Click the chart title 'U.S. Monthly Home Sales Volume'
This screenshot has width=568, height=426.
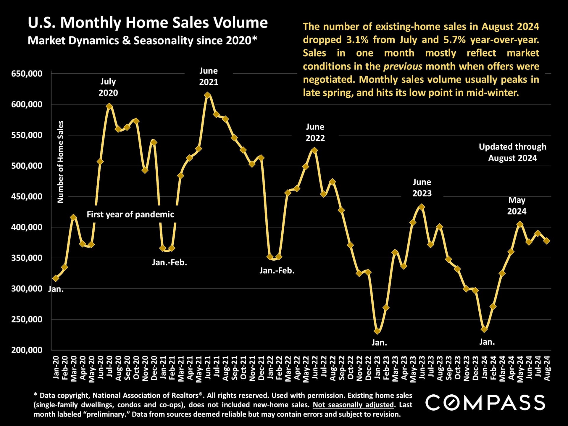148,23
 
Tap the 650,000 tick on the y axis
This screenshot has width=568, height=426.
27,74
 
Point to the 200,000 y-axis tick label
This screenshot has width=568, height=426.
27,350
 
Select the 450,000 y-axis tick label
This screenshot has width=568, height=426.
27,197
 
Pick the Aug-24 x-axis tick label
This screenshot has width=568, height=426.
547,368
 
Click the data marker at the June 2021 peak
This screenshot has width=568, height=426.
207,95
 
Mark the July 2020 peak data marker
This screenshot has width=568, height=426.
109,106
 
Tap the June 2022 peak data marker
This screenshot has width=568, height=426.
314,151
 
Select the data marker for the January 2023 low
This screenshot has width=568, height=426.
377,331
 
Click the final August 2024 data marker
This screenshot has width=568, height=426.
547,241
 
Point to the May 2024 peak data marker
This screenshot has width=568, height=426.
520,224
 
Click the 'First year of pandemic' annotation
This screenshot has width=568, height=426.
130,214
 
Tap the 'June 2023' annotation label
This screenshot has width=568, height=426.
422,188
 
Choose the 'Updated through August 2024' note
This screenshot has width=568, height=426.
512,152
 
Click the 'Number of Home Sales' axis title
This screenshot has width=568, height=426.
60,162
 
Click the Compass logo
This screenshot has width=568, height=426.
485,403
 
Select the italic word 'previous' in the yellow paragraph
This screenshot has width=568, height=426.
403,66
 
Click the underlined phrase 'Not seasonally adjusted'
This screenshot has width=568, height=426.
353,405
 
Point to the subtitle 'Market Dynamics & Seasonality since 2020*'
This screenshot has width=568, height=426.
142,41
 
